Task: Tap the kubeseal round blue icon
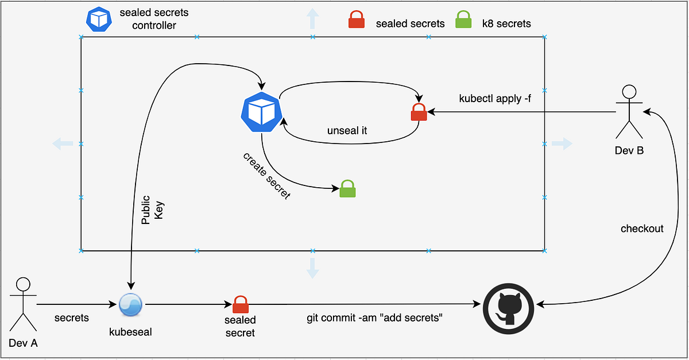[130, 304]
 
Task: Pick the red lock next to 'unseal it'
[419, 111]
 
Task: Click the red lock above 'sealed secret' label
[240, 304]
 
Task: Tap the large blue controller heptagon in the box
[261, 111]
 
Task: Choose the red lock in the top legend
[357, 20]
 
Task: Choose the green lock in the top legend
[463, 20]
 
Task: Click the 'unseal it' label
[347, 130]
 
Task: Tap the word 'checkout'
[642, 229]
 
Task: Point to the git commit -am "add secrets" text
[374, 318]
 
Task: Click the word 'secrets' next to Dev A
[72, 318]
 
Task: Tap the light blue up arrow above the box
[312, 19]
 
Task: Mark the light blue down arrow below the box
[312, 268]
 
